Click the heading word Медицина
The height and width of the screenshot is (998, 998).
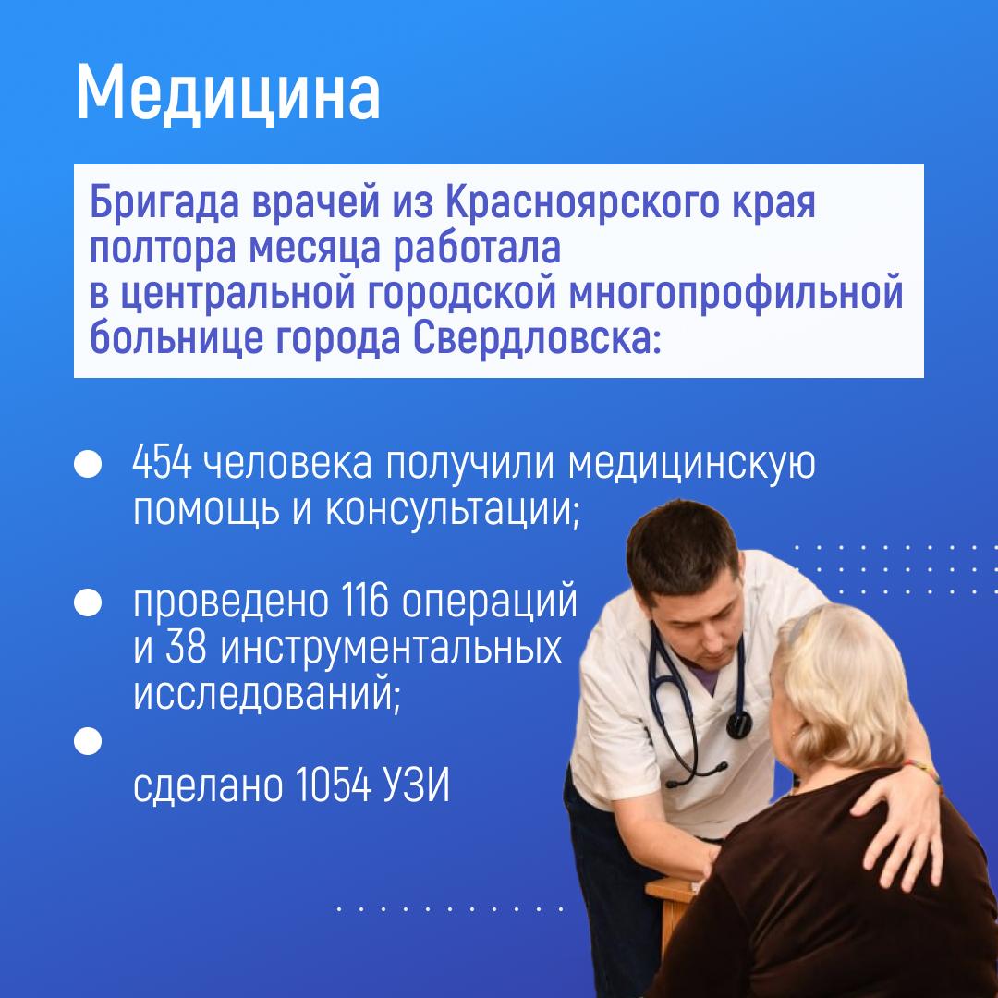228,93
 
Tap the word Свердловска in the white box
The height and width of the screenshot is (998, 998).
532,338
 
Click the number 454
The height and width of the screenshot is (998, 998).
162,463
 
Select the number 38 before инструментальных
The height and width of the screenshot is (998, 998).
187,647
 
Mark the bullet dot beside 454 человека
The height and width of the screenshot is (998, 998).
88,464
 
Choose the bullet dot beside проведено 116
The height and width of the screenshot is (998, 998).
88,602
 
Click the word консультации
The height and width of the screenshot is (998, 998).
453,511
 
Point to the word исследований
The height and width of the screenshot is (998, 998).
267,693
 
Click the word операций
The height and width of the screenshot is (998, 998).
490,602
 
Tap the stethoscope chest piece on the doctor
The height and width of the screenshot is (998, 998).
739,724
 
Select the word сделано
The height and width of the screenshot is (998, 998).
208,786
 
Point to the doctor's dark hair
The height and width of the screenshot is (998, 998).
682,541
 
